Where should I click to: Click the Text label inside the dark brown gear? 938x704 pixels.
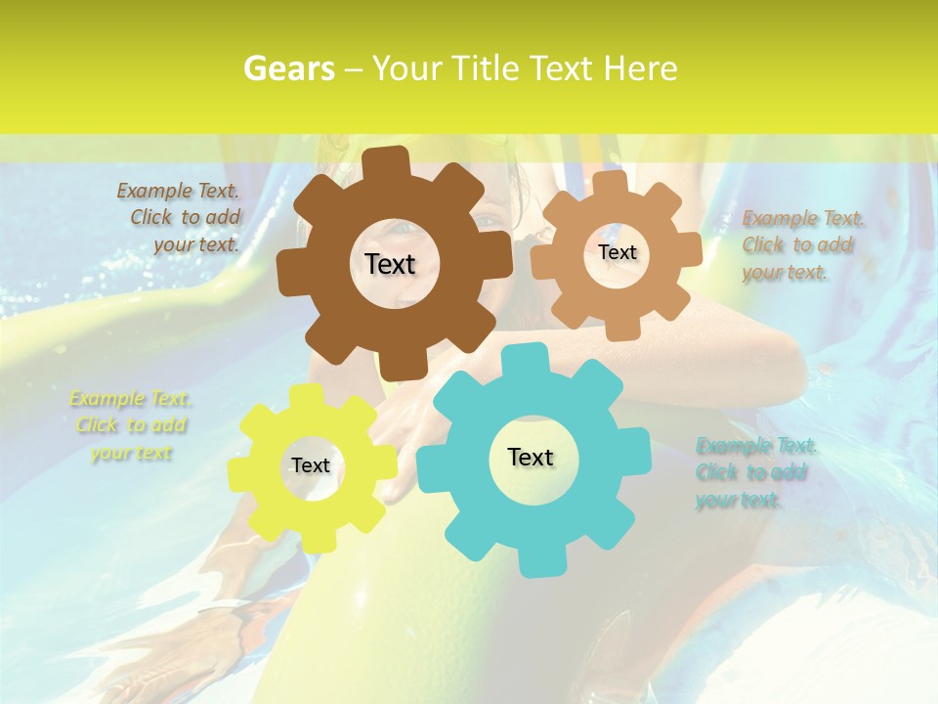coord(390,264)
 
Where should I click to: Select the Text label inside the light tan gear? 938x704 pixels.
coord(617,252)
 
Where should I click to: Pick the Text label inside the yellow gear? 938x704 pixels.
coord(311,465)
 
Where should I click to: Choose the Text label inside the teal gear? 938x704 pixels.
coord(531,457)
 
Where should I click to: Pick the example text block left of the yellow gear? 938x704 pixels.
coord(131,425)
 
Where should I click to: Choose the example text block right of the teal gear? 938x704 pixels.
coord(754,473)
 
